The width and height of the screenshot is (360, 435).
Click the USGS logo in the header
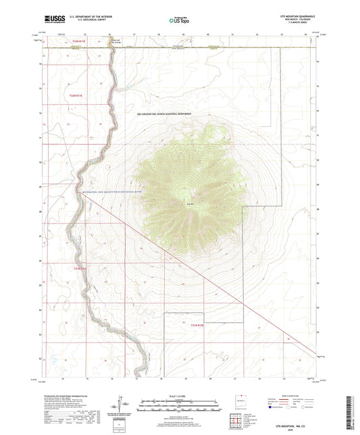(x=51, y=20)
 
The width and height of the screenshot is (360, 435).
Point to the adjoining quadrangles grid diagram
(x=236, y=423)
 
